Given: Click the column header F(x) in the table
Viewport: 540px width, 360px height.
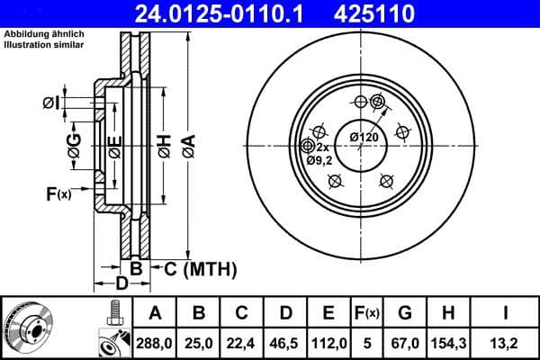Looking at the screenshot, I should tap(366, 313).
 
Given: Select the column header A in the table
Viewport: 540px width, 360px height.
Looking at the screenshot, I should tap(156, 313).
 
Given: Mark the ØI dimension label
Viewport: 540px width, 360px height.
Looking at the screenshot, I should tap(51, 103).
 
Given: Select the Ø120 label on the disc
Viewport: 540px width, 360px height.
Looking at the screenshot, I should tap(364, 137).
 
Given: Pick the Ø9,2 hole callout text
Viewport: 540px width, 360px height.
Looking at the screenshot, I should tap(319, 160).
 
